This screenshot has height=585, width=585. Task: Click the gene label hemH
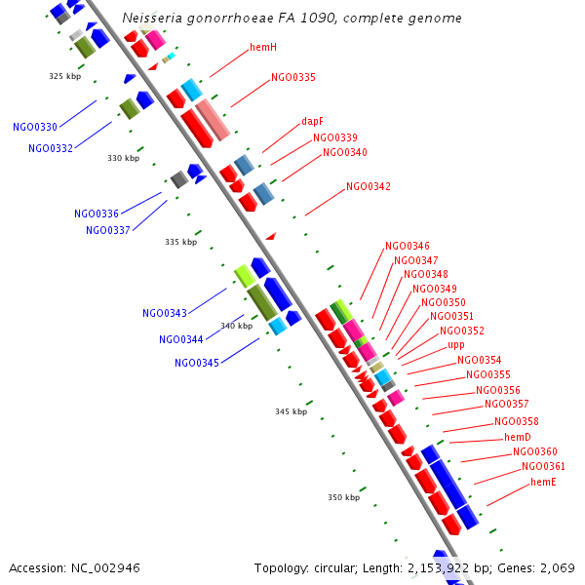263,47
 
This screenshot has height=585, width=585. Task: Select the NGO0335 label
293,77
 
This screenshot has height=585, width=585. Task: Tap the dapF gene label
312,122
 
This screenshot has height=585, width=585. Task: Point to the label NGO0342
369,186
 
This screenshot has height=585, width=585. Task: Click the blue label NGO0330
35,127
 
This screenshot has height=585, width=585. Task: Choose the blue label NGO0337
108,230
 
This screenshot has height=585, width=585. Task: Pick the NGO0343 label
165,313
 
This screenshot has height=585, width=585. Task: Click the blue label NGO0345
197,363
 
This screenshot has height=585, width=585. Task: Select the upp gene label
456,345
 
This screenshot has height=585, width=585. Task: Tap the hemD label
518,437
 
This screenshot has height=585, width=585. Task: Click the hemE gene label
544,482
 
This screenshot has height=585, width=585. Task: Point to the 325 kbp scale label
64,76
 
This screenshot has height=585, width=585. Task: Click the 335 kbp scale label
180,242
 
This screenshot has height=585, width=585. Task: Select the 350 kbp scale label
343,497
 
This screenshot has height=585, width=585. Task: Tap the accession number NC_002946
106,567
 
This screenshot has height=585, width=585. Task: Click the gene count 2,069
556,567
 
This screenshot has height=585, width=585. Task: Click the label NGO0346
408,247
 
